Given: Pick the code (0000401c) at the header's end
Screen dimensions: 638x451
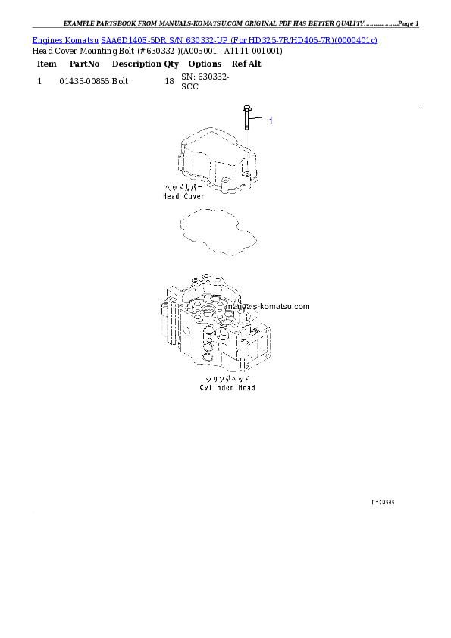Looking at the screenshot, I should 355,39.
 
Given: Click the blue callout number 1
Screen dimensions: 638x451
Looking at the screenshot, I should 271,120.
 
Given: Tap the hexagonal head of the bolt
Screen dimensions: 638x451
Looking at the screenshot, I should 246,108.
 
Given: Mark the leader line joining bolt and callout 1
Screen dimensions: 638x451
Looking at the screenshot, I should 258,119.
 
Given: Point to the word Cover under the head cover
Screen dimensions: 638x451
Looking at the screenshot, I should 193,196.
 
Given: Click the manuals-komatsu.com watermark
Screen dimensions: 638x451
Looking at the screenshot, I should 274,307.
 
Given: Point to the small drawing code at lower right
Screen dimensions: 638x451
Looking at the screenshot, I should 383,502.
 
